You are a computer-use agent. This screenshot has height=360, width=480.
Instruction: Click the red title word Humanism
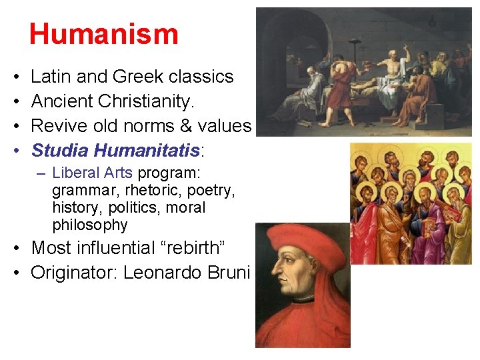tap(103, 34)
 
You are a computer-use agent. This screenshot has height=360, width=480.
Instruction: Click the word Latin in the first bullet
tap(51, 77)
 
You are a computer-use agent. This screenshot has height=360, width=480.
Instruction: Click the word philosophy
tap(89, 225)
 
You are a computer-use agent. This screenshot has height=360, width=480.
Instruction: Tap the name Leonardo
tap(156, 272)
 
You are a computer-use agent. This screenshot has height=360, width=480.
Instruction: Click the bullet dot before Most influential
tap(15, 249)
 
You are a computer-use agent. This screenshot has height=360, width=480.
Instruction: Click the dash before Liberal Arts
tap(41, 173)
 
